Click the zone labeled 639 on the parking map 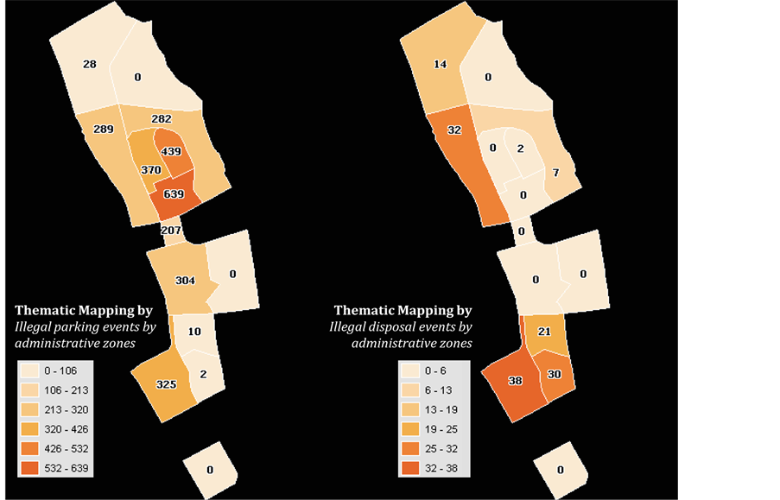[x=174, y=194]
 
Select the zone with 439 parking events [x=176, y=151]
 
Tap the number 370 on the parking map [x=151, y=170]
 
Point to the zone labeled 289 [x=104, y=130]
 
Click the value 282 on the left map [x=162, y=118]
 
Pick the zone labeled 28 [x=90, y=64]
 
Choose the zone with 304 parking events [x=185, y=281]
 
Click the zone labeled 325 [x=167, y=383]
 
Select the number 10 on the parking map [x=194, y=332]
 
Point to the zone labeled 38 [x=516, y=381]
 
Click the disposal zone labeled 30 [x=555, y=374]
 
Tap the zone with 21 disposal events [x=544, y=332]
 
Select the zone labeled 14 [x=440, y=64]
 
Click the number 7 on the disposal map [x=556, y=173]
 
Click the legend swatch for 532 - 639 [x=31, y=468]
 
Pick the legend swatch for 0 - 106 [x=31, y=370]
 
